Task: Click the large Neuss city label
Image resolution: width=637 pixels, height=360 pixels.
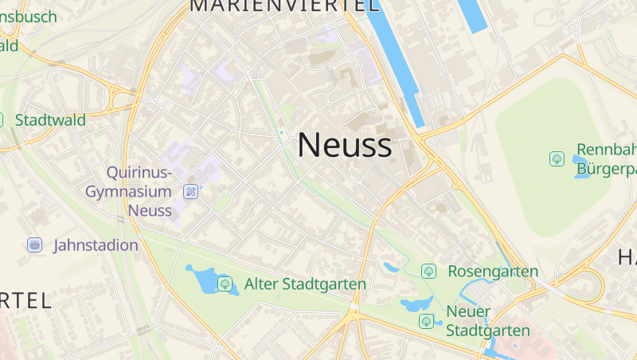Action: click(344, 146)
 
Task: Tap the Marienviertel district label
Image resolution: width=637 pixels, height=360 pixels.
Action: click(284, 6)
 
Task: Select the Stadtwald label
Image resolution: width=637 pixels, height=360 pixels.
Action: click(50, 120)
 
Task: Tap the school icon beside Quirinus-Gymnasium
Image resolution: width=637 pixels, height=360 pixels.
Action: click(190, 191)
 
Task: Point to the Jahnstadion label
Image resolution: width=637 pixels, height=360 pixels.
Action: click(96, 245)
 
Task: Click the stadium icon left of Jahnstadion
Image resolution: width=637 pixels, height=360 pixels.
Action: click(34, 245)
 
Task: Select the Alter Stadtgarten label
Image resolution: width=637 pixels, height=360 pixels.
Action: click(305, 284)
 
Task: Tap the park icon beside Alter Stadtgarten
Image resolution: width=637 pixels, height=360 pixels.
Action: click(225, 283)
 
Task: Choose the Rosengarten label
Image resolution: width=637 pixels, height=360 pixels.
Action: click(493, 272)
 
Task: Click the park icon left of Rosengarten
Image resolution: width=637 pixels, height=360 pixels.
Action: click(428, 272)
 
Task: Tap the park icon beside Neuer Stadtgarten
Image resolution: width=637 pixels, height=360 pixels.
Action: click(427, 321)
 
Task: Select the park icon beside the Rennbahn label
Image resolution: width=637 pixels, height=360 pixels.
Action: click(557, 159)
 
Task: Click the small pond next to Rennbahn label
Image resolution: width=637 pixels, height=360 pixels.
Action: click(580, 166)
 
